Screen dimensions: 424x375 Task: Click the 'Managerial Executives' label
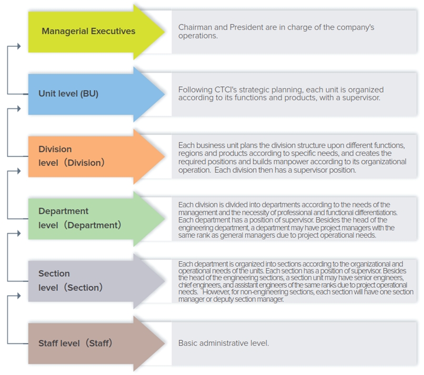pos(88,32)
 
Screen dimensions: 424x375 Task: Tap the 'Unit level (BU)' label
pos(68,93)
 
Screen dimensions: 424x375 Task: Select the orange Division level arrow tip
pos(165,156)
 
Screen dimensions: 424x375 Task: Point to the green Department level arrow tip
pos(165,218)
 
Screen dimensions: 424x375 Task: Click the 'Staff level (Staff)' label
pos(75,343)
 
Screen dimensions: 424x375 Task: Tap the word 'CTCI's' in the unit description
pos(226,90)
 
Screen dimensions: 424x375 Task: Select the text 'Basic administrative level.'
pos(224,343)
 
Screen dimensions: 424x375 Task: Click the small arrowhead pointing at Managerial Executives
pos(19,46)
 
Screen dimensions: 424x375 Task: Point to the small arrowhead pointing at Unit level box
pos(19,109)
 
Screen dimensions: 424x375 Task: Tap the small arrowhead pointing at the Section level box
pos(19,233)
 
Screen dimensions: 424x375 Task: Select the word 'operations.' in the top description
pos(198,36)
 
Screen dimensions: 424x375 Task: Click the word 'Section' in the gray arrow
pos(54,274)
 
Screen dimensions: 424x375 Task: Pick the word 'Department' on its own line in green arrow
pos(63,211)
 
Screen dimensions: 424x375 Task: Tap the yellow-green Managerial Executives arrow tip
pos(165,32)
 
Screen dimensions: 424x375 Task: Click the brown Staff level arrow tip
pos(165,343)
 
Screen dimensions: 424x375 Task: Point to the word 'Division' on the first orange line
pos(55,149)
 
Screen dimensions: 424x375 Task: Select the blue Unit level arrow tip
pos(165,93)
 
